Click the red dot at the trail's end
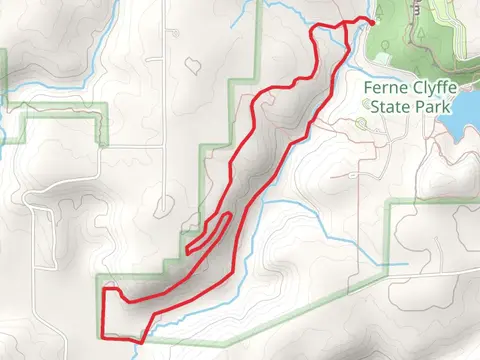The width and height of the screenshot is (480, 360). (x=372, y=20)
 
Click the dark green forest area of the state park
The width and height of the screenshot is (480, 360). (x=420, y=40)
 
